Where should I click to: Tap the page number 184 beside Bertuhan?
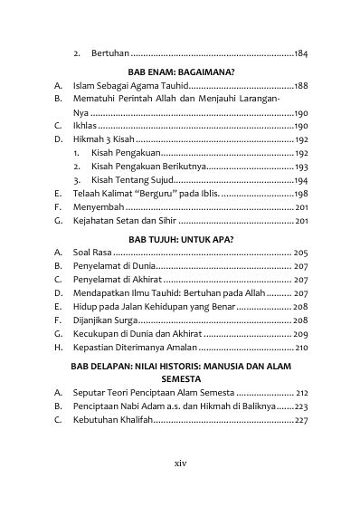pyautogui.click(x=301, y=54)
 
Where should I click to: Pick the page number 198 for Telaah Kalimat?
pyautogui.click(x=301, y=194)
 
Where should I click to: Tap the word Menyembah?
pyautogui.click(x=99, y=207)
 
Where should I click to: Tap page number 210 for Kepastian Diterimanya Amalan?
pyautogui.click(x=301, y=348)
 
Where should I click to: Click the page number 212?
pyautogui.click(x=301, y=393)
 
